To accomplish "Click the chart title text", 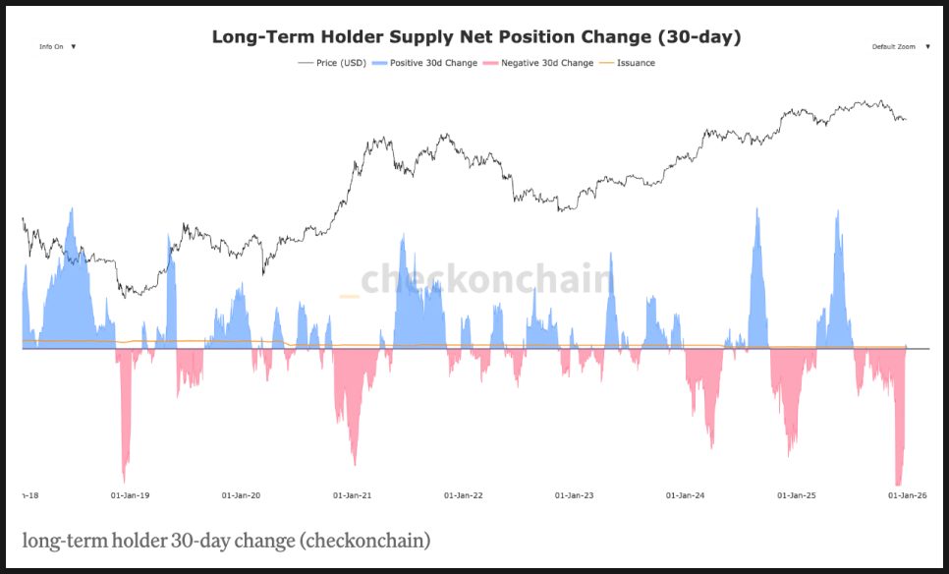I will coord(476,37).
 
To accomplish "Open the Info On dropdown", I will coord(57,46).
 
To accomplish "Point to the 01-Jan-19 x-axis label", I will coord(131,495).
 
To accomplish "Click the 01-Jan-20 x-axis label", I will coord(241,495).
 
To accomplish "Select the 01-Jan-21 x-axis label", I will coord(353,495).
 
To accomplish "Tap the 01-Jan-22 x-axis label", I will coord(464,495).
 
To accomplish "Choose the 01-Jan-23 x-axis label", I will coord(575,495).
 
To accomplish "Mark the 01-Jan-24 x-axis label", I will coord(686,495).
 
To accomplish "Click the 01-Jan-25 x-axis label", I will coord(797,495).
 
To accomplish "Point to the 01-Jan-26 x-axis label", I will coord(906,495).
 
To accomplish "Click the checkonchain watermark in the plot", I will coord(486,279).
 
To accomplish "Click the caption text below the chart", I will coord(226,541).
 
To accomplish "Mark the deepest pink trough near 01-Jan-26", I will coord(898,483).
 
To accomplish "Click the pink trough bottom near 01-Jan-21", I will coord(355,463).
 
